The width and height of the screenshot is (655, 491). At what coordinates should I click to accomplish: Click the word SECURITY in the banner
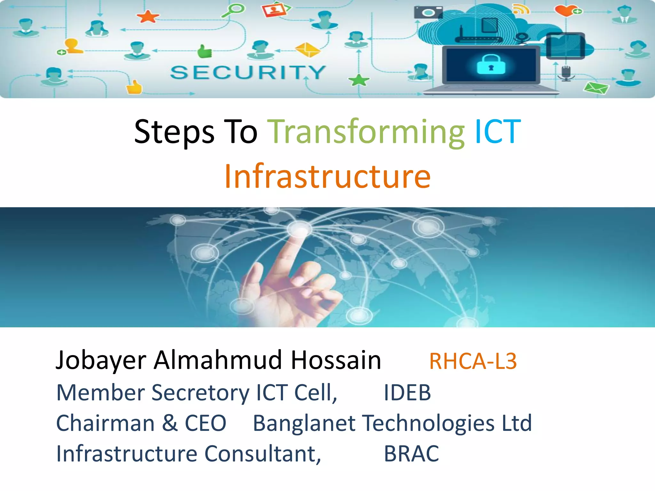(248, 72)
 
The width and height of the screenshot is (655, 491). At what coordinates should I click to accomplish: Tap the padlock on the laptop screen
(491, 65)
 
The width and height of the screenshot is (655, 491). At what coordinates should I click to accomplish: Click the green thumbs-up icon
(204, 51)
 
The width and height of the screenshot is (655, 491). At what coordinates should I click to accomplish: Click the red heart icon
(565, 11)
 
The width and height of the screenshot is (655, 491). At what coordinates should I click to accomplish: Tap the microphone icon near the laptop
(566, 73)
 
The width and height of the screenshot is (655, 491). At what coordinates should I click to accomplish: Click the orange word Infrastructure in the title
(327, 176)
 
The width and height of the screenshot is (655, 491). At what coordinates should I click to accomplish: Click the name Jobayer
(101, 361)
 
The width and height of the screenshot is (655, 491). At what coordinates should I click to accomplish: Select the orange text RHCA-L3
(473, 361)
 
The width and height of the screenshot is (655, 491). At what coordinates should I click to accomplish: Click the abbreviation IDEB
(407, 393)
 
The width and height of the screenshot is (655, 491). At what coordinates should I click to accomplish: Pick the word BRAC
(411, 454)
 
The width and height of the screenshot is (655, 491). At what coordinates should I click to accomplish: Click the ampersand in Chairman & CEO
(170, 423)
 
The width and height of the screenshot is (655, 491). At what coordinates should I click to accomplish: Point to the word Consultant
(262, 454)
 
